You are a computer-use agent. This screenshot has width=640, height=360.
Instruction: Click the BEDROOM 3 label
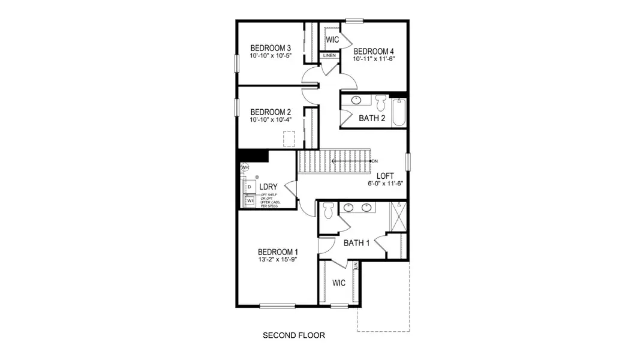271,48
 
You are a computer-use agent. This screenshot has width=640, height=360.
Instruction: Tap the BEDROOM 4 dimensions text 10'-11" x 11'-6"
374,59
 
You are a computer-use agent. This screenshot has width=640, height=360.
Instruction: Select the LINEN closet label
329,56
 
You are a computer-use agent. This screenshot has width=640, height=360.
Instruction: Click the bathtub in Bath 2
399,112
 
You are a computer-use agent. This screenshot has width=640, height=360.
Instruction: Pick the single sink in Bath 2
356,100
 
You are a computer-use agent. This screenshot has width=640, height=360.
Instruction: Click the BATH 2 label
372,118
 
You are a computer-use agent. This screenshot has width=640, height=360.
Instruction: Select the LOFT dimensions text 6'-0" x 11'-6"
385,184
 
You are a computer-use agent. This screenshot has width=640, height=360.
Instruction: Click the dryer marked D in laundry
249,187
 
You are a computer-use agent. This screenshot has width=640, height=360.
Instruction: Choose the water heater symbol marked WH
245,167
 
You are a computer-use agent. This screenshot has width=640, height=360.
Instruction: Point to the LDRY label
268,187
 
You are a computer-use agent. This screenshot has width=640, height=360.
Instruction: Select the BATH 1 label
356,243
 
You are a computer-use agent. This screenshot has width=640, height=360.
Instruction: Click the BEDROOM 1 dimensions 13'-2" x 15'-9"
278,260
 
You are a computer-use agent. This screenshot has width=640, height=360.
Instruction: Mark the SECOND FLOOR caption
294,335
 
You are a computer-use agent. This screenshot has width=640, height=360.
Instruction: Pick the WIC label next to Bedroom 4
332,40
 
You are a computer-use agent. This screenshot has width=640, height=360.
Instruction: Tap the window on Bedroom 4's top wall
354,21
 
